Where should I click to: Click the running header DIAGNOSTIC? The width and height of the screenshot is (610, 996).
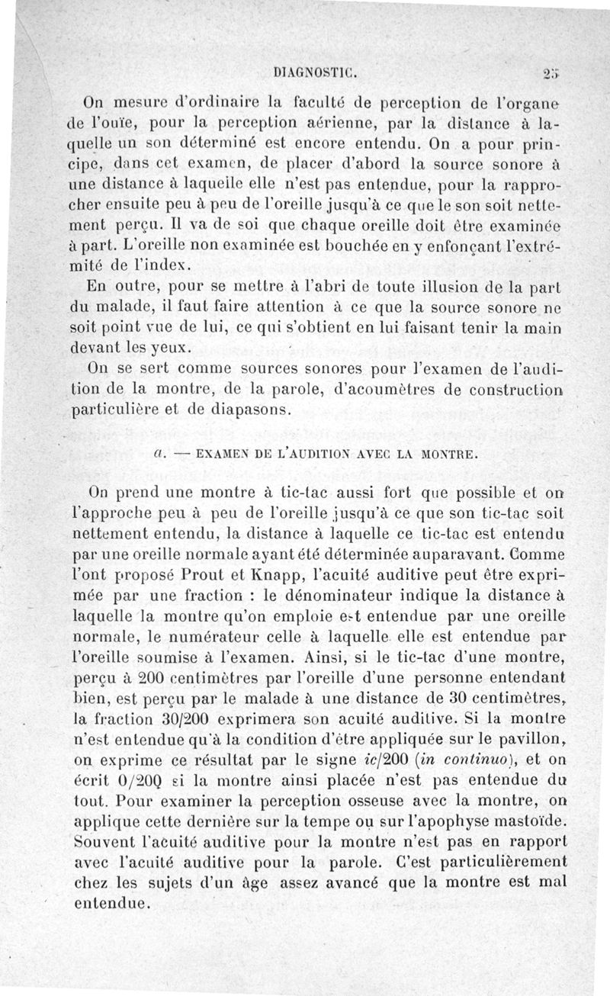(316, 74)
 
